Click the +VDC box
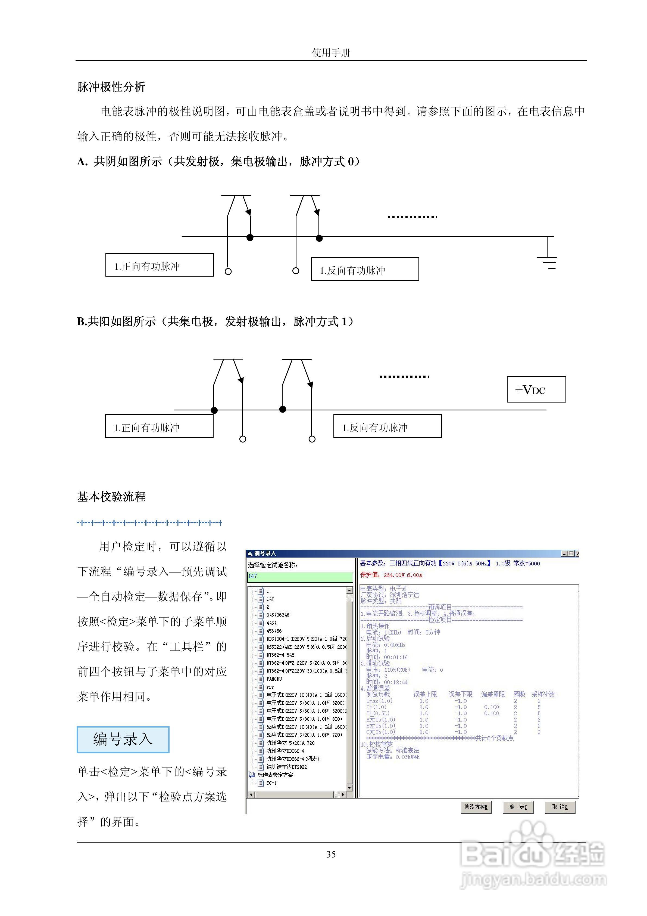536,389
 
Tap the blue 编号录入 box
123,739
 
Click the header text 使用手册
331,52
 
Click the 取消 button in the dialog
560,807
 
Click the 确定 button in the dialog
518,807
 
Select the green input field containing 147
300,577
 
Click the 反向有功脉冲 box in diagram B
387,427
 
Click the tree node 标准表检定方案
275,775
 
